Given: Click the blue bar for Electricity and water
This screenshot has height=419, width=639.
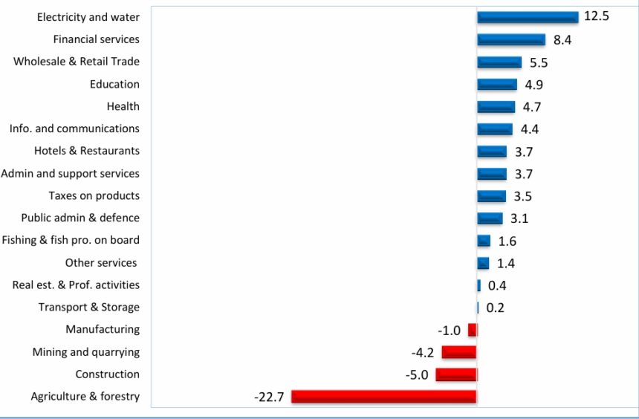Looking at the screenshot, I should [x=527, y=17].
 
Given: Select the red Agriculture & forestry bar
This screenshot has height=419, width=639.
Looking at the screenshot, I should [x=383, y=397].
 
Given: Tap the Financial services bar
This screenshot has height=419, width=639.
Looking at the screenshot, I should [x=511, y=39].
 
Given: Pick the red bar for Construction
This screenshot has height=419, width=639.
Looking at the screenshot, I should [x=456, y=374].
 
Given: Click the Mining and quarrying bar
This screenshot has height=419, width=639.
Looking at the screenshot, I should [x=459, y=352].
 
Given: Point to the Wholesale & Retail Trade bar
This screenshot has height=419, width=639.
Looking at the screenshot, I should [x=499, y=62].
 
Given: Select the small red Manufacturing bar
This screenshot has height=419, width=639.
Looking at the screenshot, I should [x=473, y=330].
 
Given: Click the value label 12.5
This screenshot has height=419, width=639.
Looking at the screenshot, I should [x=596, y=16].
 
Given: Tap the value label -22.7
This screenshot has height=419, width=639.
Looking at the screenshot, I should [x=269, y=397].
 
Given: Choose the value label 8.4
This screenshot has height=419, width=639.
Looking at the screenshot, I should [x=562, y=40].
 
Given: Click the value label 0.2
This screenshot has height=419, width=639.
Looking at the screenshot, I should [x=495, y=308].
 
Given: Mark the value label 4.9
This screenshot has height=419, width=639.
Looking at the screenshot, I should [x=533, y=85].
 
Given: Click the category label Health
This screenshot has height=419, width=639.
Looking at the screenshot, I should [x=123, y=106].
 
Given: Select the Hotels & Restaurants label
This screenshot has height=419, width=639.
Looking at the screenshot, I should [x=86, y=151].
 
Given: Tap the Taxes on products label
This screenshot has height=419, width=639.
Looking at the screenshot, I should [x=94, y=195].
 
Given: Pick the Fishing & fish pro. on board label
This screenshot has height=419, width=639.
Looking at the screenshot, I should [x=71, y=240].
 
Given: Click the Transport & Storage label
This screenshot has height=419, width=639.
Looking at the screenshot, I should [x=88, y=307].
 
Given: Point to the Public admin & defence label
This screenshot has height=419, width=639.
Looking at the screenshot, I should [x=80, y=218].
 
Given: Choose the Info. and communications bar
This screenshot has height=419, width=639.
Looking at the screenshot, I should [x=495, y=129].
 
